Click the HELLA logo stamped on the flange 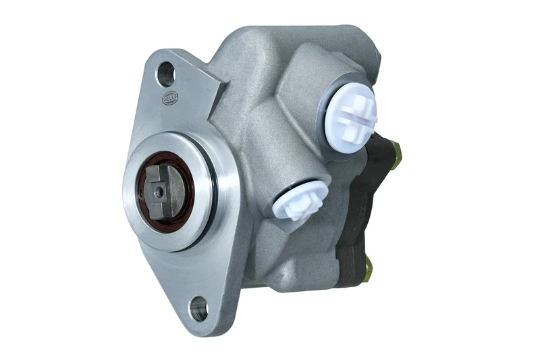[169, 100]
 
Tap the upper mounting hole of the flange [165, 74]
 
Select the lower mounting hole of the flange [198, 309]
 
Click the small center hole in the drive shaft [159, 192]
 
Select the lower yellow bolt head [368, 271]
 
